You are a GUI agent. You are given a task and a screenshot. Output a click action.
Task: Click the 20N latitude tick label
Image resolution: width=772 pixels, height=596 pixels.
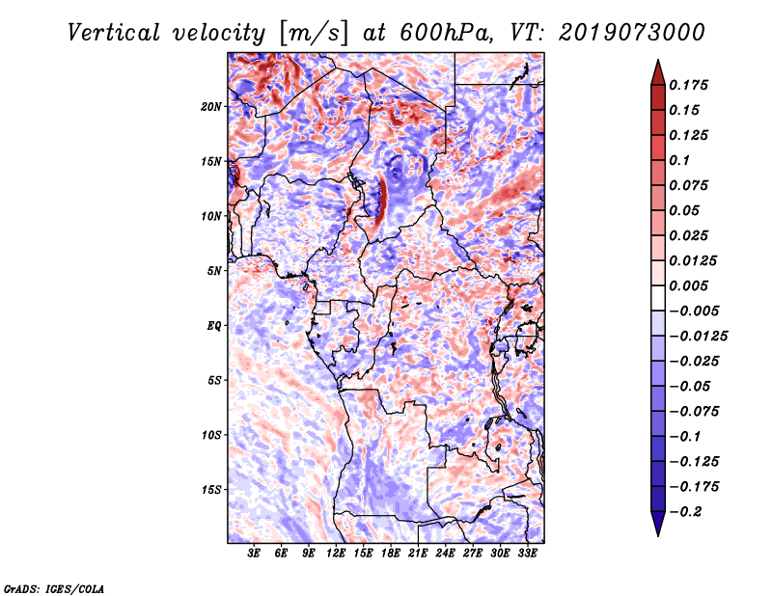click(x=211, y=107)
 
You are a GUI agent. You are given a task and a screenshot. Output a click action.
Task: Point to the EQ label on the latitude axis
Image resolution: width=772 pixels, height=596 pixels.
click(x=213, y=326)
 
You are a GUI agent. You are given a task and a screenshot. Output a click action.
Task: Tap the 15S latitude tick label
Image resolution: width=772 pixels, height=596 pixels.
click(x=211, y=490)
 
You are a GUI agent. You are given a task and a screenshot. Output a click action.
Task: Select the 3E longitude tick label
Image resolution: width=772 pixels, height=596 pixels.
click(x=254, y=554)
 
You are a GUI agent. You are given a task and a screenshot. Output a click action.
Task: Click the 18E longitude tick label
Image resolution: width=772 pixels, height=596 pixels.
click(x=391, y=554)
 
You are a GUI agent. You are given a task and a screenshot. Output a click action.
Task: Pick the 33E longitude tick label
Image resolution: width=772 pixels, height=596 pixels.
click(x=527, y=554)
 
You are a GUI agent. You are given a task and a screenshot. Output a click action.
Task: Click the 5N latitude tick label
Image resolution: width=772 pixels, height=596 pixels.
click(x=214, y=271)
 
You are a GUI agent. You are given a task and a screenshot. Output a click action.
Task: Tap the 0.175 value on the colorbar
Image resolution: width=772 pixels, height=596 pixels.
click(x=688, y=85)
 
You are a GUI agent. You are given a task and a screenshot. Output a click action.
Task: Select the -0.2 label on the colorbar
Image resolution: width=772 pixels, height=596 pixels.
click(x=685, y=512)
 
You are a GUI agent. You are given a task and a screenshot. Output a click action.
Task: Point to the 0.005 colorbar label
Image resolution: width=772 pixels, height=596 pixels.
click(x=688, y=285)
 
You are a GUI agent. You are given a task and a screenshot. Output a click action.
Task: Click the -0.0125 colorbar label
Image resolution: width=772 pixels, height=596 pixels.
click(x=698, y=337)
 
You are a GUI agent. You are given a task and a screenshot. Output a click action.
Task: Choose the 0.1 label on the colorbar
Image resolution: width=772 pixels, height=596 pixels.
click(x=679, y=160)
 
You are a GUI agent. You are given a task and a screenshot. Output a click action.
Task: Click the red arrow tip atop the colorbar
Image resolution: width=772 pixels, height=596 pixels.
click(x=658, y=60)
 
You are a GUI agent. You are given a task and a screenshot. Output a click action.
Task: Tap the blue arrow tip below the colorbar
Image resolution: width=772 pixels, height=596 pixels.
click(x=658, y=535)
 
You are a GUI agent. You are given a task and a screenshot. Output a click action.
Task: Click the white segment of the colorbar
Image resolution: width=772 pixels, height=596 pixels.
click(x=658, y=298)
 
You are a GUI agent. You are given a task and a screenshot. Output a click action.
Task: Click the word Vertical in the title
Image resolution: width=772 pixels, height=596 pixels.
click(x=114, y=33)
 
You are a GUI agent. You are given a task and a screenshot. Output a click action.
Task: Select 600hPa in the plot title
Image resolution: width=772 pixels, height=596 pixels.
click(x=447, y=33)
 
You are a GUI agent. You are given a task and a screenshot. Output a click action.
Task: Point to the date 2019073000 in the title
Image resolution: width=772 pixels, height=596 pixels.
click(x=632, y=33)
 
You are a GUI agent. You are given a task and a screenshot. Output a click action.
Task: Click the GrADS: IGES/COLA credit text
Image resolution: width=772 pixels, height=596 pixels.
click(x=54, y=589)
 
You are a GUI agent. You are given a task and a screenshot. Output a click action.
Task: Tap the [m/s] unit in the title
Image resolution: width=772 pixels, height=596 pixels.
click(x=314, y=34)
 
